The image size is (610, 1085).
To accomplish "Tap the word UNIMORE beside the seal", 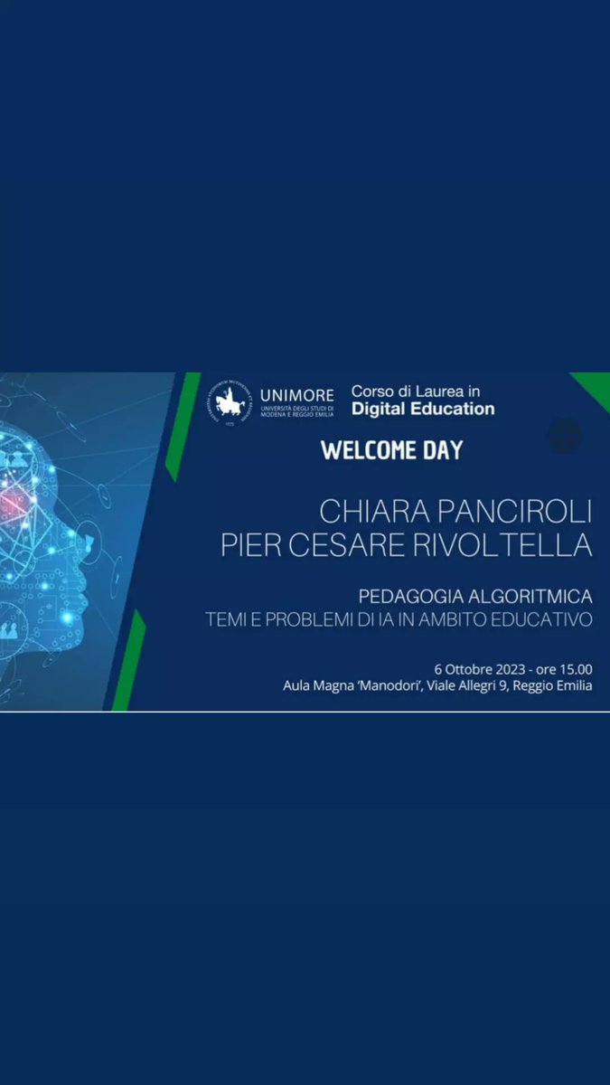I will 296,394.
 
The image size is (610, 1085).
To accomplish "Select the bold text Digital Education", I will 423,409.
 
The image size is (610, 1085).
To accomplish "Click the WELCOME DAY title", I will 392,450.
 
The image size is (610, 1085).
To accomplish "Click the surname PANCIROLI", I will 514,512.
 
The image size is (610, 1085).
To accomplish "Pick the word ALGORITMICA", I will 531,597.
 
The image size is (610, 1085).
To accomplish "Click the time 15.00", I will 575,669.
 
